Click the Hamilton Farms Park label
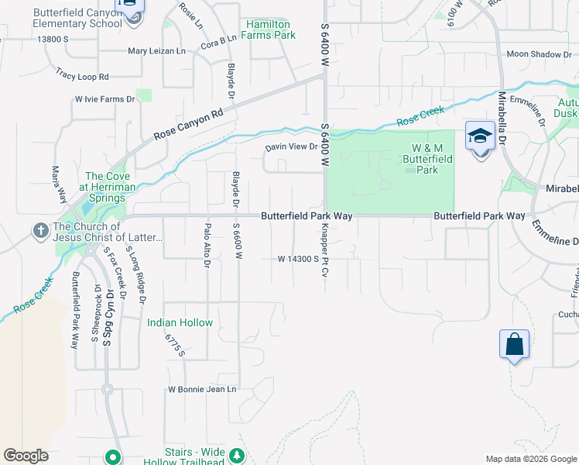click(x=270, y=30)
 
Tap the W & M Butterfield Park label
click(x=432, y=158)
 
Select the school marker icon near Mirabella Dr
click(x=480, y=137)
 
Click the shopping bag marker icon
click(x=515, y=343)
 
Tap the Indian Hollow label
click(x=180, y=322)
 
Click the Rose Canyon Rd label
click(x=188, y=123)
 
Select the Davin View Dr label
click(x=292, y=146)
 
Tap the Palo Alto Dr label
click(x=207, y=244)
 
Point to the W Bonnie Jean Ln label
click(x=202, y=389)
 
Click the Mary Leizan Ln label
click(x=157, y=51)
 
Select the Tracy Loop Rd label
click(x=82, y=75)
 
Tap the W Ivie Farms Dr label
click(x=104, y=99)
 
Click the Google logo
click(x=26, y=456)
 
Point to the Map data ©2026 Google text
click(x=530, y=459)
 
